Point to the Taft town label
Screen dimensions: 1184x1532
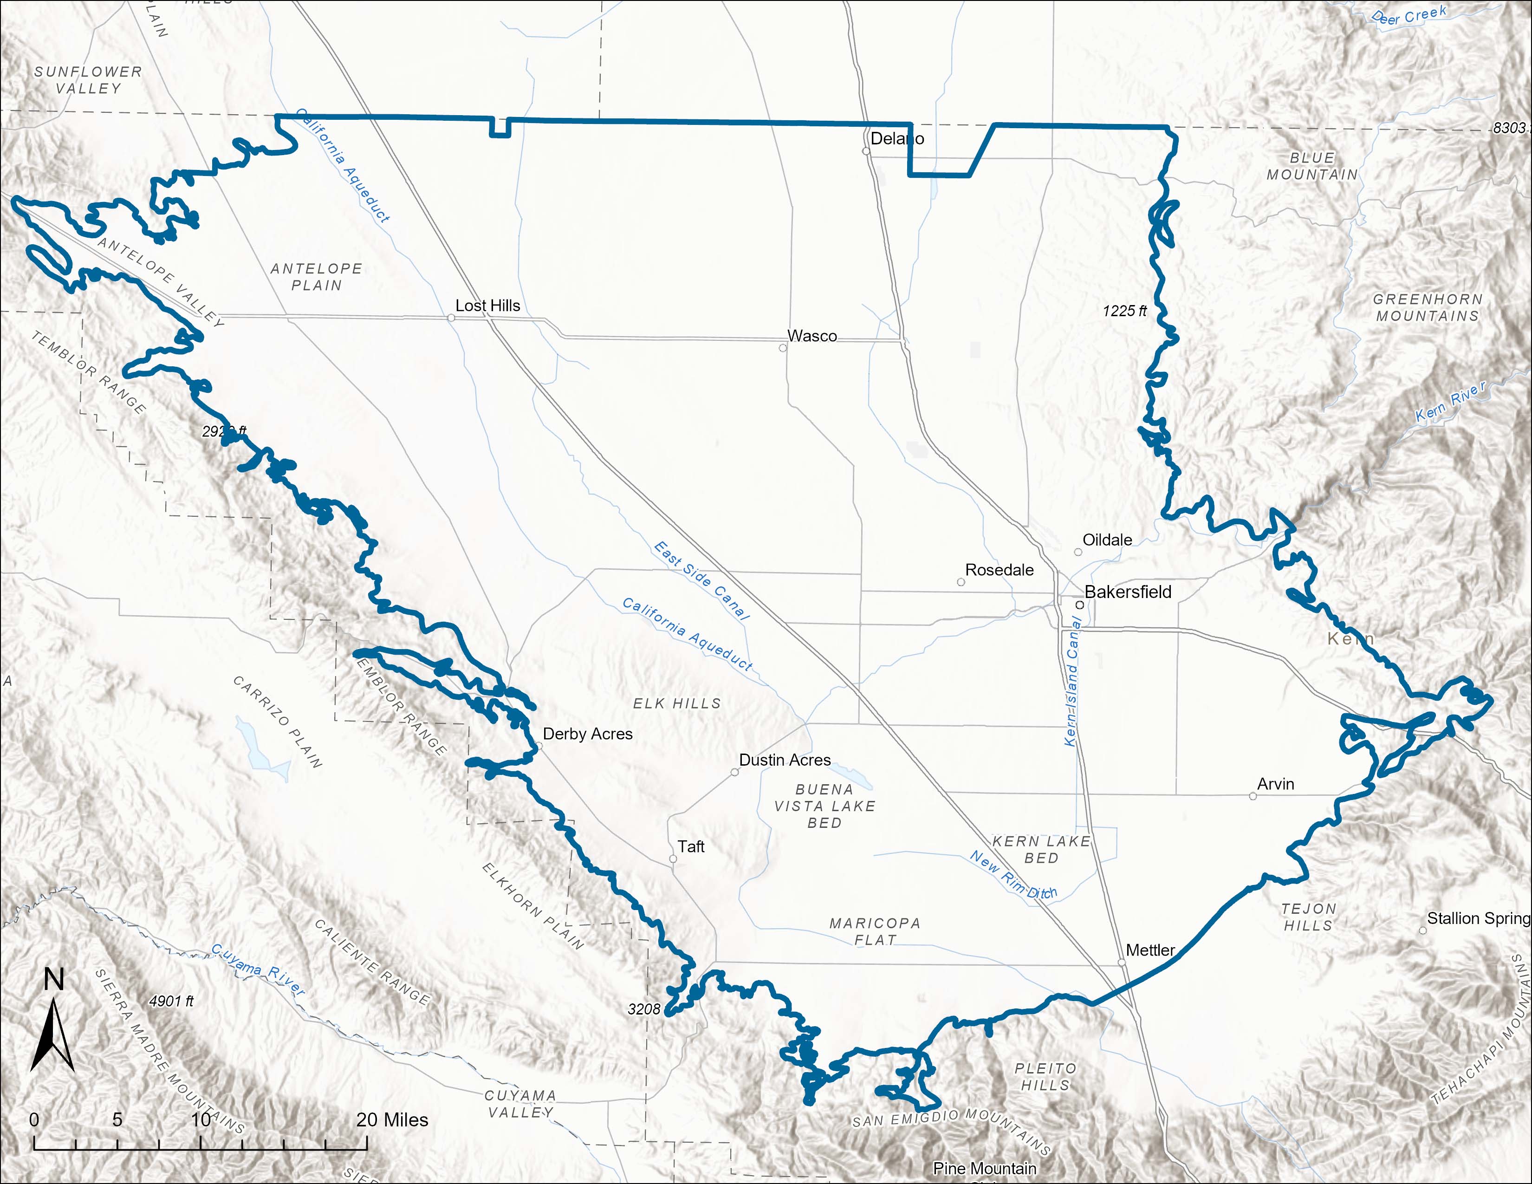[x=690, y=846]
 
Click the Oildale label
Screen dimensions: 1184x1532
[x=1107, y=540]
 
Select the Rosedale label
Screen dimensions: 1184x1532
[x=999, y=570]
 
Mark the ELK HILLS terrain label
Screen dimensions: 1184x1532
[x=676, y=703]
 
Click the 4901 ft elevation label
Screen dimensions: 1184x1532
[x=171, y=1001]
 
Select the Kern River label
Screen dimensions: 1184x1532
[x=1450, y=402]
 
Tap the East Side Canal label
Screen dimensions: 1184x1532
[x=701, y=580]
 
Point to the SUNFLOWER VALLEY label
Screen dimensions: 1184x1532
[x=88, y=80]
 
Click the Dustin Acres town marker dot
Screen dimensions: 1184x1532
[x=734, y=772]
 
